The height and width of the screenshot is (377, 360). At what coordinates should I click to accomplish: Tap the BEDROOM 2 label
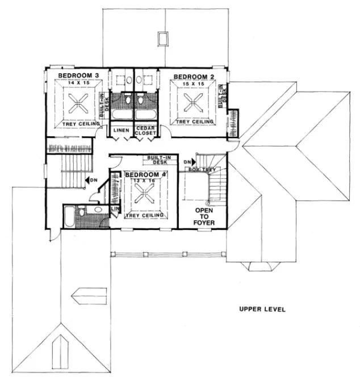[189, 77]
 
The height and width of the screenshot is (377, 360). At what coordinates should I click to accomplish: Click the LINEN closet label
[122, 131]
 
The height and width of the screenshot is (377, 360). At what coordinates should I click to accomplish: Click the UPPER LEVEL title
[262, 309]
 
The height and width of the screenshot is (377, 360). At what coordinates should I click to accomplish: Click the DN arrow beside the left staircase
[89, 180]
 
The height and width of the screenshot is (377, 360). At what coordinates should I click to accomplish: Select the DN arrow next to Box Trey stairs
[187, 162]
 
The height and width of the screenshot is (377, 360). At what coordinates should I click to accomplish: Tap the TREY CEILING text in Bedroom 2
[195, 122]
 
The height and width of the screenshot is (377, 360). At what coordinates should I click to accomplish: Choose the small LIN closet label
[114, 209]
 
